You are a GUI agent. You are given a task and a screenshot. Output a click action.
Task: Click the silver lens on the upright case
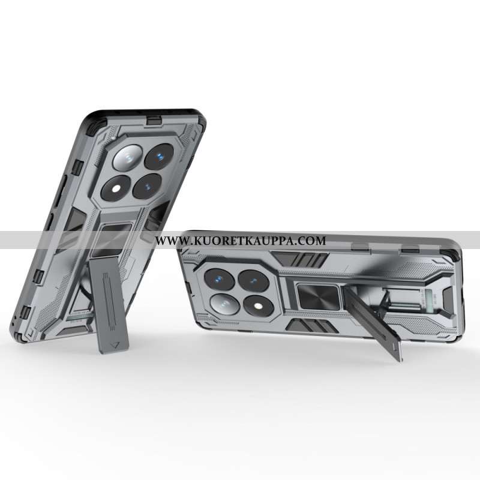click(128, 158)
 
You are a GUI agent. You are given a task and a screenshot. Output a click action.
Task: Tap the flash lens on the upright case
click(116, 188)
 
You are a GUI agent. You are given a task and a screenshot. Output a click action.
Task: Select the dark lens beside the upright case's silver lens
click(159, 157)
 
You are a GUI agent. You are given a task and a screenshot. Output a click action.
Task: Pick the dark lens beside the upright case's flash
click(147, 186)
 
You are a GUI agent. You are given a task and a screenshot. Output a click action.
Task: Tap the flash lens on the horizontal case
click(259, 305)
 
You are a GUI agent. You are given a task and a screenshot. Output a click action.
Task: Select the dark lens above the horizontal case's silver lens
click(220, 279)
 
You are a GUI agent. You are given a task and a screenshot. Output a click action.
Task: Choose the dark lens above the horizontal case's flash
click(253, 280)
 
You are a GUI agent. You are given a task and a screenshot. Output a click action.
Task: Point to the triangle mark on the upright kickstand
click(115, 345)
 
